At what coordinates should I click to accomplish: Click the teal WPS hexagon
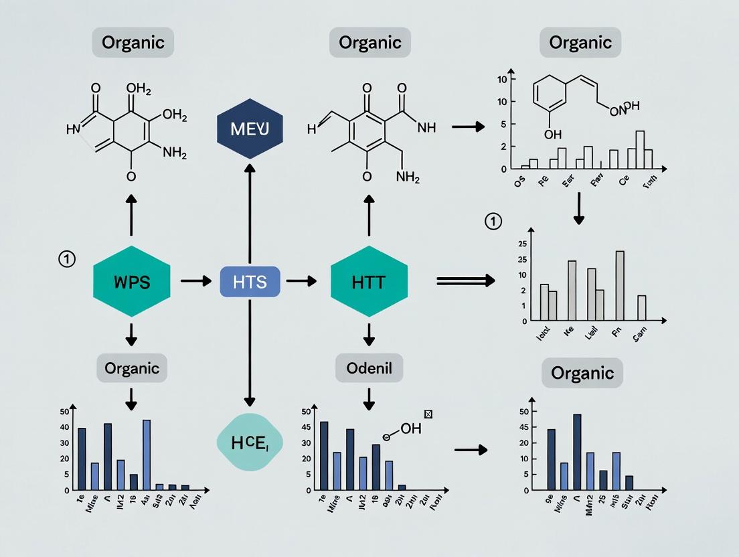point(131,281)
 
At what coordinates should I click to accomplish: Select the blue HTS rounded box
point(250,282)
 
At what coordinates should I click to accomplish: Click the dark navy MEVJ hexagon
point(249,129)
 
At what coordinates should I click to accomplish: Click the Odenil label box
point(369,368)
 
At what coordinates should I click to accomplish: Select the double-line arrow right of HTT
point(465,281)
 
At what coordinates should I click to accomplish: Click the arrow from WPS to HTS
point(195,281)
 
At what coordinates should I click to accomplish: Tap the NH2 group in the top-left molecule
point(175,153)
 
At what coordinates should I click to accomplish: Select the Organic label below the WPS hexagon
point(132,368)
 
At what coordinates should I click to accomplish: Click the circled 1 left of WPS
point(67,259)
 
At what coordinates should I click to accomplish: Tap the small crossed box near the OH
point(428,414)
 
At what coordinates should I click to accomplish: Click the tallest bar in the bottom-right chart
point(577,452)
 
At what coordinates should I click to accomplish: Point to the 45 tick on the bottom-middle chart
point(306,427)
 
